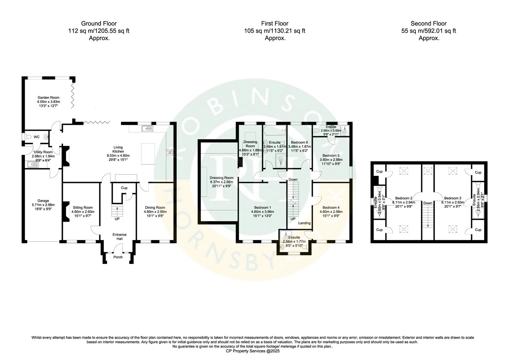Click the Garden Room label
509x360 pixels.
tap(48, 98)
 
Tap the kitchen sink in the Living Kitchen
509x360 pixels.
tap(147, 128)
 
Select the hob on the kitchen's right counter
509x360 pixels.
tap(170, 153)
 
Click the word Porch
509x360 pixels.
tap(118, 257)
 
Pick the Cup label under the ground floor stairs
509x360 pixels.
tap(124, 188)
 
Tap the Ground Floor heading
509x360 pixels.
tap(99, 23)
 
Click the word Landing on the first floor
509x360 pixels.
tap(304, 223)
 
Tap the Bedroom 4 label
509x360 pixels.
tap(331, 207)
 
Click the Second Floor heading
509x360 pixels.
tap(428, 23)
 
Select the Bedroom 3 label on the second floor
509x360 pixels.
tap(453, 198)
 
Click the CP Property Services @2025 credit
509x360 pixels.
tap(253, 351)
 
